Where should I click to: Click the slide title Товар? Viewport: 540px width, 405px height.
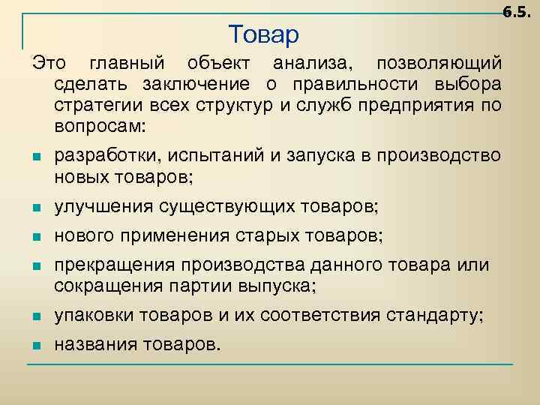click(x=263, y=34)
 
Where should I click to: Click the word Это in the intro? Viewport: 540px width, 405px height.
click(x=47, y=61)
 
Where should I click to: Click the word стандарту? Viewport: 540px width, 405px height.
click(x=443, y=316)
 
